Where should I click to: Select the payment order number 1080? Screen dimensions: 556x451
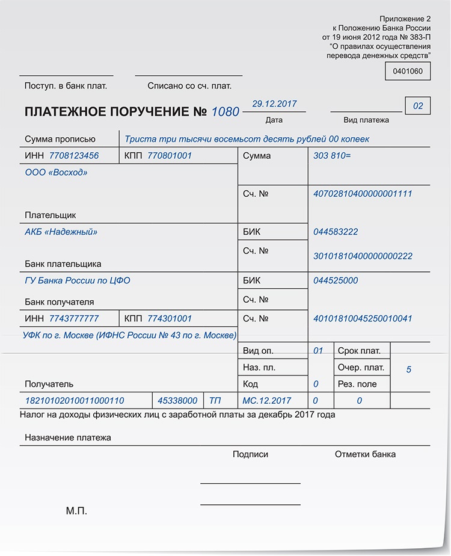click(x=226, y=111)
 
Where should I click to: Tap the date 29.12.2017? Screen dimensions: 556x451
click(x=274, y=103)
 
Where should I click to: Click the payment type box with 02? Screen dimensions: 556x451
click(x=418, y=107)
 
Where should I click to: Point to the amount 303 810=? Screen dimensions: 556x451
click(x=332, y=156)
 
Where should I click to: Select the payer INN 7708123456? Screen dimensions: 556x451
click(x=74, y=156)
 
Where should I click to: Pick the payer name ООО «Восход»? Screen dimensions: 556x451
click(x=56, y=172)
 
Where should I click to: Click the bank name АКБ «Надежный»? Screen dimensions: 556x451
click(x=61, y=232)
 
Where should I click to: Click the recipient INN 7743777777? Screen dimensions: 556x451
click(x=74, y=318)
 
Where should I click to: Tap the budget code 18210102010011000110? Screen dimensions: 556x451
click(x=75, y=400)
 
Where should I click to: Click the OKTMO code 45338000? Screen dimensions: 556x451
click(x=177, y=400)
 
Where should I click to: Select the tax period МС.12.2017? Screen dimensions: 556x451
click(x=266, y=400)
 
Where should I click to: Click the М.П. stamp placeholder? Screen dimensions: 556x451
click(x=76, y=511)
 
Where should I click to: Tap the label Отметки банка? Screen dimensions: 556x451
click(x=365, y=454)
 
